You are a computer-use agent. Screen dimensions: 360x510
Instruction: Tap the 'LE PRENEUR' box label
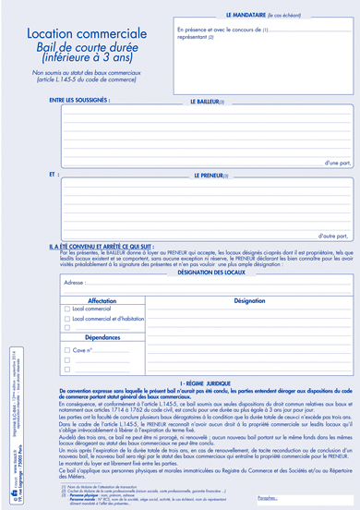click(x=210, y=173)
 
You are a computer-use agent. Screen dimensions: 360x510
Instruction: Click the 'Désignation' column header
click(x=249, y=300)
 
